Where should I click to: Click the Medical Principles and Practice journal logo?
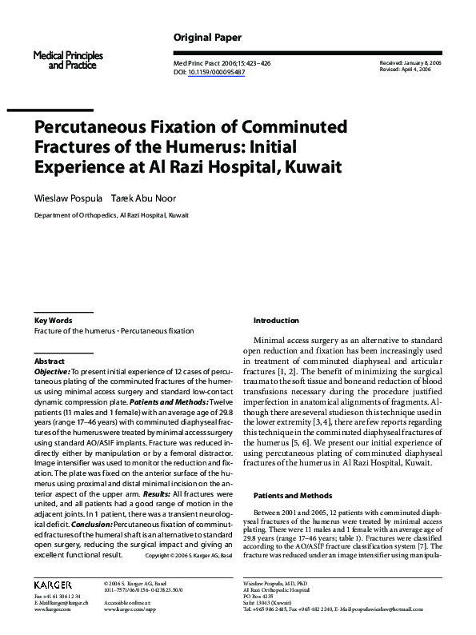[x=64, y=59]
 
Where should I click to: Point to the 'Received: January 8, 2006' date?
[x=410, y=62]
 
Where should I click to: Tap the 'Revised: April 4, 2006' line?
[x=405, y=70]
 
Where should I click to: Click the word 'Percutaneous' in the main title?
[x=91, y=127]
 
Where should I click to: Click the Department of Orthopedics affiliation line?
[x=111, y=215]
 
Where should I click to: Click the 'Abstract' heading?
[x=50, y=361]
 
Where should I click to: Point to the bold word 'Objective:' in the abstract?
[x=52, y=373]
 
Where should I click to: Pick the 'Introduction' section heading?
[x=276, y=320]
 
